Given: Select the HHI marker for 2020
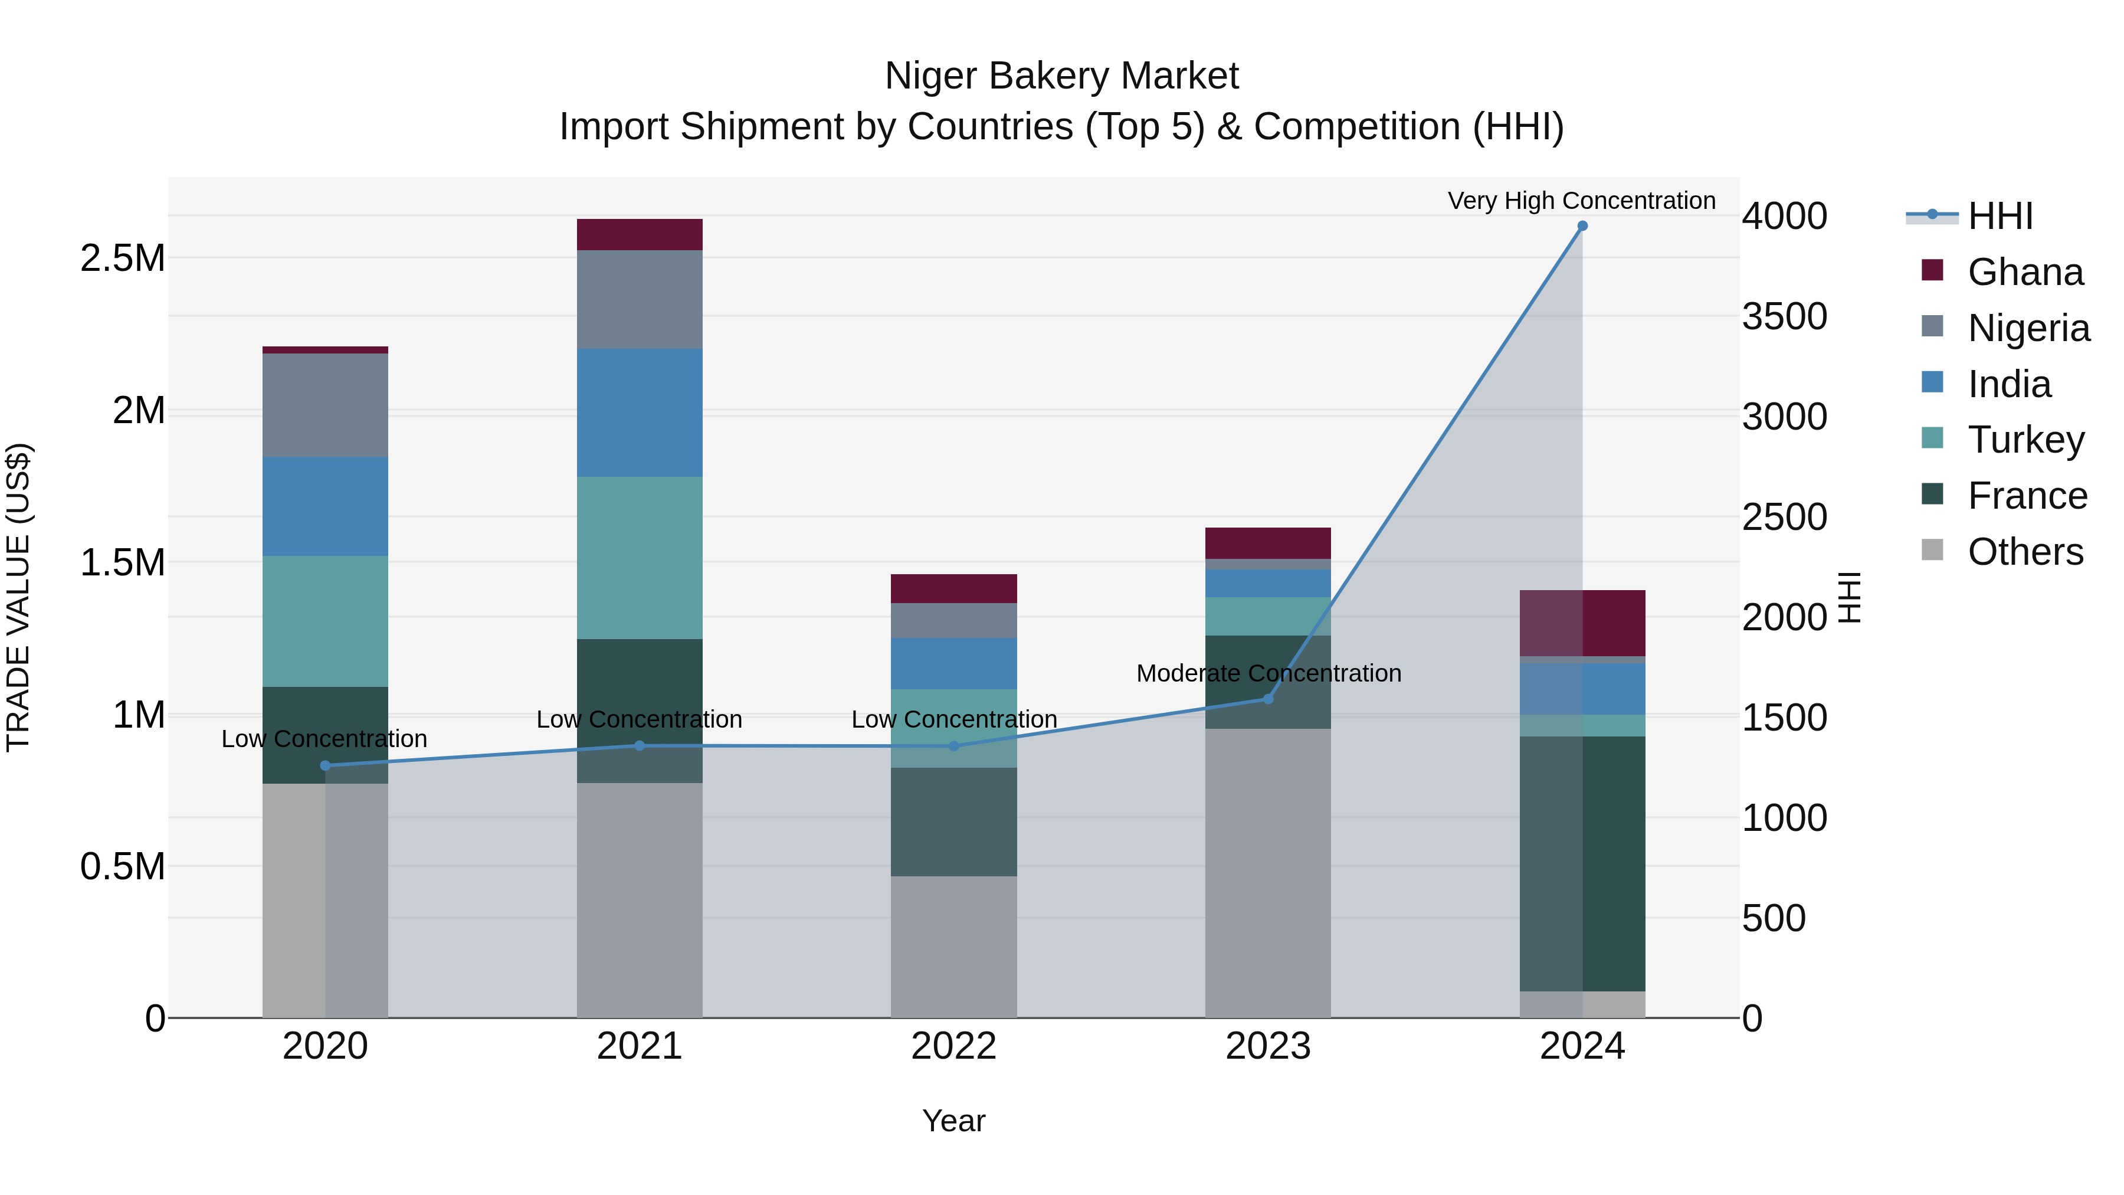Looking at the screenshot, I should pyautogui.click(x=325, y=765).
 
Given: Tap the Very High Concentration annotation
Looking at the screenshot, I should pyautogui.click(x=1581, y=201).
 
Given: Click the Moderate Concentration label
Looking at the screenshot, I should pyautogui.click(x=1268, y=674).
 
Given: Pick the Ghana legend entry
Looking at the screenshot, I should pyautogui.click(x=2024, y=272).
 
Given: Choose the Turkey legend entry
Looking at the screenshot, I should pyautogui.click(x=2025, y=440).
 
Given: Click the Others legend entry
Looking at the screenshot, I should pyautogui.click(x=2024, y=552).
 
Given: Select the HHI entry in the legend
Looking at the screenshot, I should pyautogui.click(x=1999, y=216).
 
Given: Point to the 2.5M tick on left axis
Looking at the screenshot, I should pyautogui.click(x=122, y=258).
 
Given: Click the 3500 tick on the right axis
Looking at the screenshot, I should pyautogui.click(x=1784, y=317).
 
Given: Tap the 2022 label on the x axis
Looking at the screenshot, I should pyautogui.click(x=953, y=1046).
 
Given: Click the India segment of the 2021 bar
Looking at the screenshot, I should pyautogui.click(x=639, y=412).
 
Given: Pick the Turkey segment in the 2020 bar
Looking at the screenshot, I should pyautogui.click(x=325, y=621).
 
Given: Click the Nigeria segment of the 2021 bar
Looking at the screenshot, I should pyautogui.click(x=639, y=299).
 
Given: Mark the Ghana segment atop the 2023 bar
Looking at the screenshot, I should pyautogui.click(x=1267, y=543).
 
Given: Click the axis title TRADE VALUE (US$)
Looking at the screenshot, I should pyautogui.click(x=18, y=597).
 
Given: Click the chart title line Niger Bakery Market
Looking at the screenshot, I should pyautogui.click(x=1061, y=76).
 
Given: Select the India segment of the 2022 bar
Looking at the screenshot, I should pyautogui.click(x=953, y=663).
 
